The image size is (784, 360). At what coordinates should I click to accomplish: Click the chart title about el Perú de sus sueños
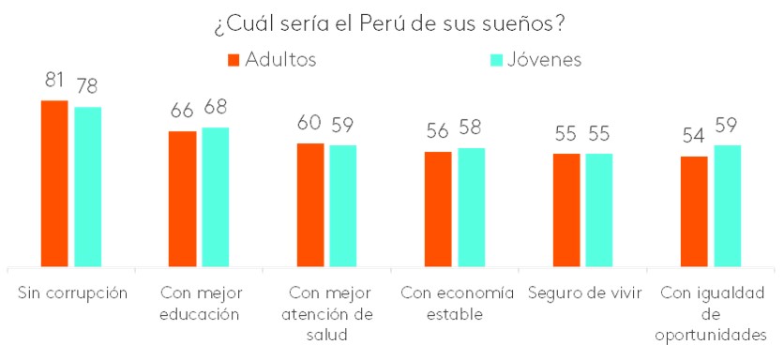[x=392, y=22]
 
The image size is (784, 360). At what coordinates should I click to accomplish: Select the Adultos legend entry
[x=272, y=60]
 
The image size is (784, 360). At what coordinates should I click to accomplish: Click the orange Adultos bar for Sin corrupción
[x=54, y=184]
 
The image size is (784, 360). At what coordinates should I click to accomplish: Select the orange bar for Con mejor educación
[x=182, y=200]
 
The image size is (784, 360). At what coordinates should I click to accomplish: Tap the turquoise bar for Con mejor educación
[x=215, y=198]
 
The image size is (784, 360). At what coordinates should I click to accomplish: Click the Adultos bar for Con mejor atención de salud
[x=310, y=205]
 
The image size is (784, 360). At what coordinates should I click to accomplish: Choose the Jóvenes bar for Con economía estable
[x=471, y=208]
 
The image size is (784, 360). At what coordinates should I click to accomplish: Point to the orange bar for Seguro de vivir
[x=565, y=211]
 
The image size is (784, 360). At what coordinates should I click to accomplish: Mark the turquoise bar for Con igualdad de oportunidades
[x=727, y=206]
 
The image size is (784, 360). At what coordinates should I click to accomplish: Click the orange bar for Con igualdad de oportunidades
[x=694, y=212]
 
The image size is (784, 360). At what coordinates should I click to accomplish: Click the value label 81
[x=54, y=80]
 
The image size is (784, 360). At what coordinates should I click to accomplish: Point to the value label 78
[x=88, y=87]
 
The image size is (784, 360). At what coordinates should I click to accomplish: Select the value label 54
[x=694, y=137]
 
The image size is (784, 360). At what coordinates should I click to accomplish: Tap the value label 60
[x=309, y=123]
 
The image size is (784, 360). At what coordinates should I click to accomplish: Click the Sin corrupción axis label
[x=72, y=292]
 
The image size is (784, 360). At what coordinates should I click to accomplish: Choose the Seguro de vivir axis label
[x=584, y=292]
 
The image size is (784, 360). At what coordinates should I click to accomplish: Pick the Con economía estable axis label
[x=457, y=303]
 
